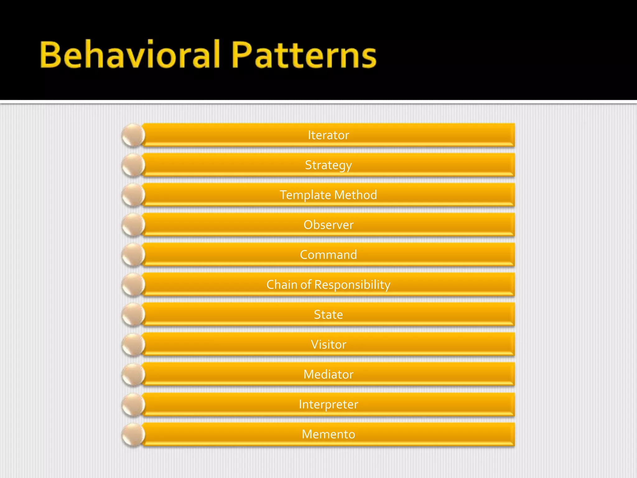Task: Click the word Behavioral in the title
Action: pyautogui.click(x=130, y=54)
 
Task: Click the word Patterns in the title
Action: pyautogui.click(x=304, y=55)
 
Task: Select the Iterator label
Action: pyautogui.click(x=328, y=135)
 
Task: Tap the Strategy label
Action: pyautogui.click(x=328, y=165)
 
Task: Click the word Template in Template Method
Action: pyautogui.click(x=305, y=195)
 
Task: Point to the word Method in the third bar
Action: pyautogui.click(x=356, y=195)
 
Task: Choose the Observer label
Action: pyautogui.click(x=328, y=225)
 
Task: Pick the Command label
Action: pyautogui.click(x=328, y=255)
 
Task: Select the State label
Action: pyautogui.click(x=328, y=315)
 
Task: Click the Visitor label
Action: pyautogui.click(x=328, y=344)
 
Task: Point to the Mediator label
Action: pyautogui.click(x=328, y=374)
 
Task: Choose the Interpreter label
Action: pyautogui.click(x=328, y=404)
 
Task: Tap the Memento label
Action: pyautogui.click(x=328, y=434)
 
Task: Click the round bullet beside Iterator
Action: pyautogui.click(x=133, y=135)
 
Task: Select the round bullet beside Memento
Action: pyautogui.click(x=133, y=434)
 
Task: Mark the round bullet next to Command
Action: pyautogui.click(x=133, y=255)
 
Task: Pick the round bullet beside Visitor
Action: pyautogui.click(x=133, y=344)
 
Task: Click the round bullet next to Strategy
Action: pyautogui.click(x=133, y=165)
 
